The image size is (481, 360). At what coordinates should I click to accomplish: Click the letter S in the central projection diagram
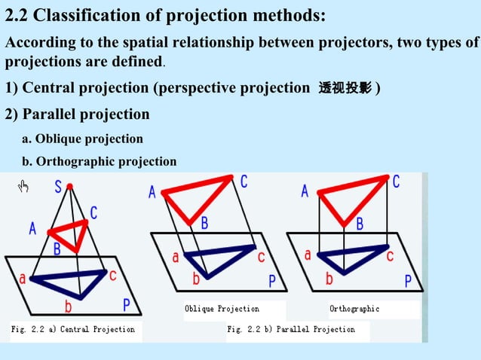pyautogui.click(x=58, y=188)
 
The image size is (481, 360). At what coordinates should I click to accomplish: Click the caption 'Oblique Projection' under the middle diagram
pyautogui.click(x=222, y=309)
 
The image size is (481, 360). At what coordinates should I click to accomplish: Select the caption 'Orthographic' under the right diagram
pyautogui.click(x=354, y=309)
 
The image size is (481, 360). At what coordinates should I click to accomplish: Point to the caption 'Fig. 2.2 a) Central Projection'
pyautogui.click(x=72, y=329)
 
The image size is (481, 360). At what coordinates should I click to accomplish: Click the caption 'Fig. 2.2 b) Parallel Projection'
pyautogui.click(x=291, y=329)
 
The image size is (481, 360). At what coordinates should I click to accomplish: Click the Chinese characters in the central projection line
pyautogui.click(x=345, y=89)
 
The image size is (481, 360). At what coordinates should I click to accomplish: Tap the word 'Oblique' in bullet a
pyautogui.click(x=57, y=139)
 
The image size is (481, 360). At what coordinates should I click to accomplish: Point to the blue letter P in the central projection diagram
pyautogui.click(x=127, y=305)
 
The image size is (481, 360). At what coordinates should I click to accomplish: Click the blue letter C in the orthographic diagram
pyautogui.click(x=396, y=182)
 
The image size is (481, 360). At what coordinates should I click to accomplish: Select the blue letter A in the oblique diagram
pyautogui.click(x=152, y=193)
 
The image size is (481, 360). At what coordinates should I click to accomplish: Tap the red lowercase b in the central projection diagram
pyautogui.click(x=68, y=306)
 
